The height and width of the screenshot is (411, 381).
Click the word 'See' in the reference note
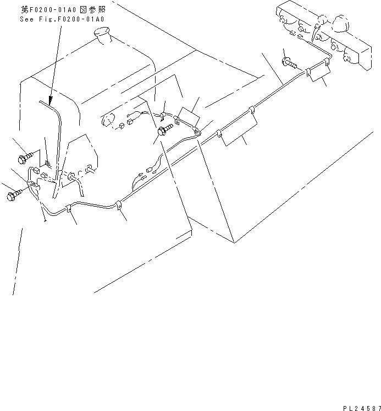pos(26,19)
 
